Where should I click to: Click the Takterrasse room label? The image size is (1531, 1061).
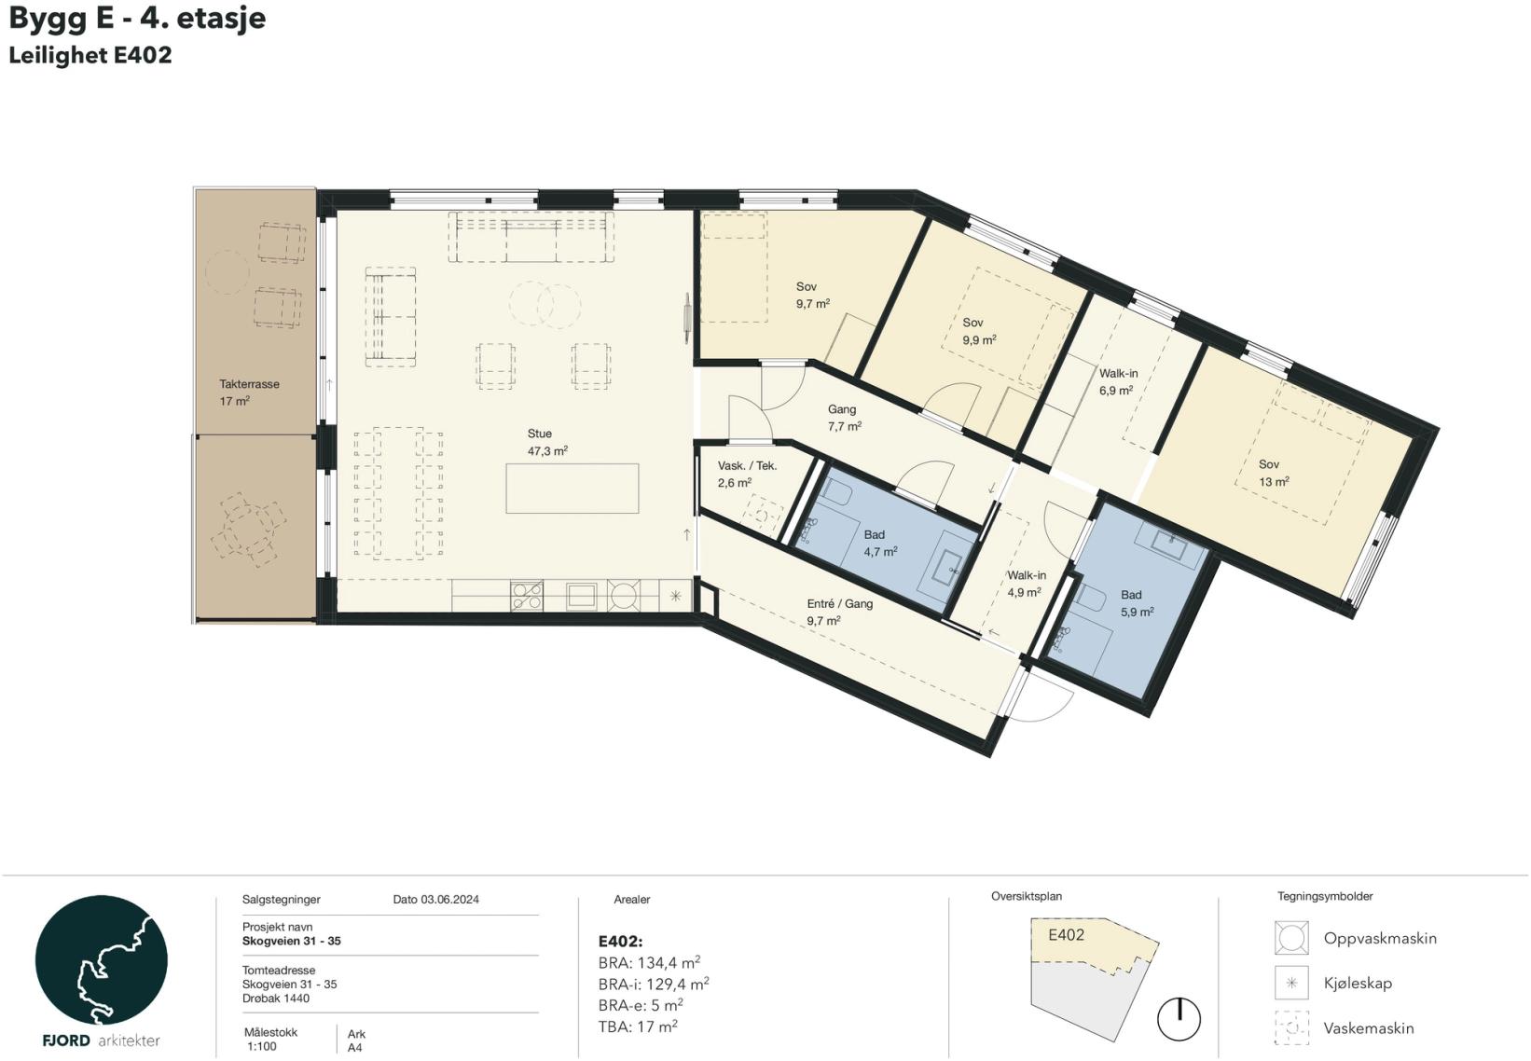coord(249,393)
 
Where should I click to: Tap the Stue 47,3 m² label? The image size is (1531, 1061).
coord(546,442)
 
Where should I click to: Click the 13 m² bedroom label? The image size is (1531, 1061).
coord(1274,473)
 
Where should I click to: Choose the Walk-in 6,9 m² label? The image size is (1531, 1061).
coord(1118,381)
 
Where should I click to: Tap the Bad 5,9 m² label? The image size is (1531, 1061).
coord(1137,603)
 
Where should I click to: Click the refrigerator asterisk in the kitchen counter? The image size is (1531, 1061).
coord(675,596)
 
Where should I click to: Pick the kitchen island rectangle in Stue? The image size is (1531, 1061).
coord(572,489)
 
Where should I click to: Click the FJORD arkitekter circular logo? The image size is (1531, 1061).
coord(101,959)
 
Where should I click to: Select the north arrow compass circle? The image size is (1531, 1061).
coord(1179,1019)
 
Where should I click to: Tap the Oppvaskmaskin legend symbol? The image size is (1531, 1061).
coord(1291,937)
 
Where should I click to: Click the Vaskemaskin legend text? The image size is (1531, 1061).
coord(1369,1027)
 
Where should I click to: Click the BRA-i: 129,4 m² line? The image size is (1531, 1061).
coord(654,984)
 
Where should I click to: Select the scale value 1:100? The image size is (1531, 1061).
coord(262,1047)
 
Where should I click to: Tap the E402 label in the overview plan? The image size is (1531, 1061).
coord(1067,934)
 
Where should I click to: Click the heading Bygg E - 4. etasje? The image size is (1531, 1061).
coord(137,19)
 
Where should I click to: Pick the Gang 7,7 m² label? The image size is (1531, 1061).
coord(844,418)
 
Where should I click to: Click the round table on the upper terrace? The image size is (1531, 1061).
coord(227,272)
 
